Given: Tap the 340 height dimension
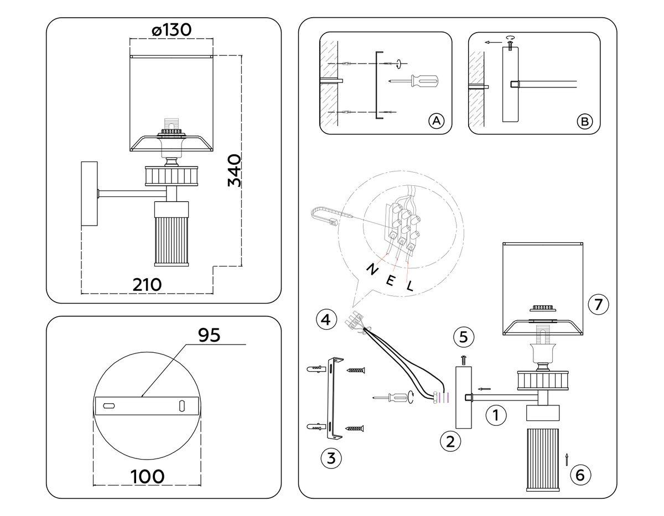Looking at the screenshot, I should tap(234, 170).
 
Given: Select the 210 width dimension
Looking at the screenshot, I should tap(147, 284).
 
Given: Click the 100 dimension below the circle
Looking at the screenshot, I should tap(147, 476).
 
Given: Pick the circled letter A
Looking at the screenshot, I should tap(437, 121).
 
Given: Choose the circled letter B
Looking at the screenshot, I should tap(584, 121).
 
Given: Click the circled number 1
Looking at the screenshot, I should tap(496, 415).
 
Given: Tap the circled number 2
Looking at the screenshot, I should tap(450, 441).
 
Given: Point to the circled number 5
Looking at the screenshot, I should tap(463, 336).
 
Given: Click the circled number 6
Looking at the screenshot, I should tap(580, 474).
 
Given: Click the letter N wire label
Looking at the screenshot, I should tap(372, 270).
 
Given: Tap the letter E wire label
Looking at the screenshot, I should tap(390, 280).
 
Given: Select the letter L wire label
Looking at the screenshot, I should tap(410, 286).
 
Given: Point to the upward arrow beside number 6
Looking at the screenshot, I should tap(567, 457).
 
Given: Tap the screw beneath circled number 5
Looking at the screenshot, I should tap(463, 359).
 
